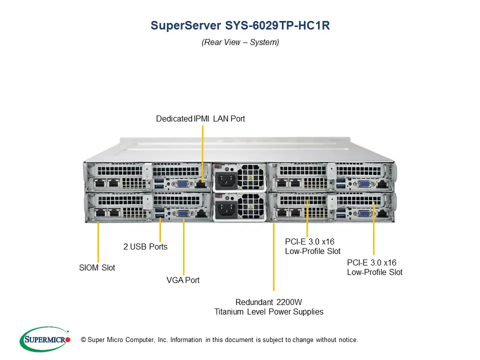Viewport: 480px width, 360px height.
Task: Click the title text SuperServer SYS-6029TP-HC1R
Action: click(x=240, y=25)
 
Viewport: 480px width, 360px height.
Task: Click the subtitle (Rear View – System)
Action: click(x=240, y=42)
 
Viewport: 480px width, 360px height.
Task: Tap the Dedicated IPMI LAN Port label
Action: click(x=200, y=119)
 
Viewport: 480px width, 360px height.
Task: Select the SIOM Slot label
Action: click(x=97, y=267)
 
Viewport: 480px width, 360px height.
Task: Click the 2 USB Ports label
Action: click(x=145, y=246)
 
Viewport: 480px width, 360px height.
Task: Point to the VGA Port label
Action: click(x=183, y=280)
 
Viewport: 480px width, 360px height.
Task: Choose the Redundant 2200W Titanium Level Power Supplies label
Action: click(x=269, y=306)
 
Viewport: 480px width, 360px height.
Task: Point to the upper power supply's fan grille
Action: click(x=250, y=178)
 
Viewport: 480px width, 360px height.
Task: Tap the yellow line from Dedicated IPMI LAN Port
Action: click(x=203, y=150)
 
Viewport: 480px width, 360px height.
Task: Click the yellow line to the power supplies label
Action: click(x=273, y=260)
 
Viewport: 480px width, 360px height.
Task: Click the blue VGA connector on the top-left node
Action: click(x=183, y=184)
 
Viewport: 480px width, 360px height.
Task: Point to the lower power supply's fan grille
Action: click(x=250, y=207)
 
